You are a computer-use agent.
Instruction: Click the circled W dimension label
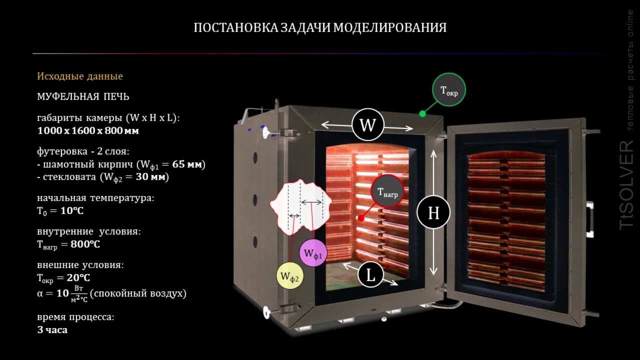click(367, 124)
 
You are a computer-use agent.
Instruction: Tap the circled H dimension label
click(433, 212)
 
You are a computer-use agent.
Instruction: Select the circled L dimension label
click(370, 275)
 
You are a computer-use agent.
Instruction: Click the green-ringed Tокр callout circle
click(449, 89)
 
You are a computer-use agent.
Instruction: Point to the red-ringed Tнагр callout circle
click(387, 191)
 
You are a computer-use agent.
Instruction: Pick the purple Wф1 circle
click(313, 253)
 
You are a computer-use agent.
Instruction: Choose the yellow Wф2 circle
click(289, 275)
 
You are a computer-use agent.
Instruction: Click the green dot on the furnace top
click(422, 113)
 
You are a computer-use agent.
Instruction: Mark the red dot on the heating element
click(361, 218)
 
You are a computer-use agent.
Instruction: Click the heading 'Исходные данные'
click(80, 76)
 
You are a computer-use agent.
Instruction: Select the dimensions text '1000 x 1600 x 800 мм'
click(88, 130)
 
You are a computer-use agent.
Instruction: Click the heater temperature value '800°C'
click(85, 244)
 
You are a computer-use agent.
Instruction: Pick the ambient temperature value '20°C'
click(78, 277)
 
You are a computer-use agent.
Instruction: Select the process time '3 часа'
click(52, 329)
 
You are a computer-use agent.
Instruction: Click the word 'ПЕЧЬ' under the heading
click(116, 96)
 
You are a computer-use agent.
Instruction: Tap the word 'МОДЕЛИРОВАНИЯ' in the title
click(389, 27)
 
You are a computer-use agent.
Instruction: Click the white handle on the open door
click(589, 219)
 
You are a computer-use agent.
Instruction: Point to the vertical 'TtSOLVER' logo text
click(627, 185)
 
